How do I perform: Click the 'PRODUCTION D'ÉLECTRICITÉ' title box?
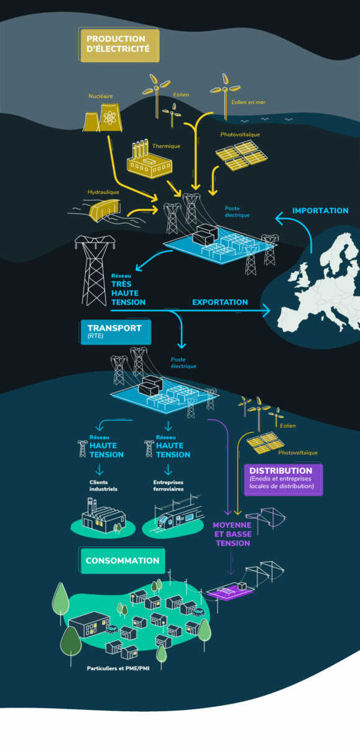coord(119,45)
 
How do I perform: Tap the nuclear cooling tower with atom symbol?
coord(110,117)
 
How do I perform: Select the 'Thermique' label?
coord(166,146)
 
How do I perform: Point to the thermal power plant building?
coord(149,160)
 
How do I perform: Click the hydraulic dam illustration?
coord(105,210)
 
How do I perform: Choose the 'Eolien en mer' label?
coord(249,102)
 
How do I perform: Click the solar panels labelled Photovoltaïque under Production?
coord(242,155)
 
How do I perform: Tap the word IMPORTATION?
coord(320,211)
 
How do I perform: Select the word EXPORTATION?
coord(220,302)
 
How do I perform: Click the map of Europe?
coord(320,287)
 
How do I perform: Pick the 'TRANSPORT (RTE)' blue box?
coord(116,332)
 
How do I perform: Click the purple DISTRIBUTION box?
coord(284,479)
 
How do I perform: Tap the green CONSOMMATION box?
coord(122,561)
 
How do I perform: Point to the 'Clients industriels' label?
coord(103,486)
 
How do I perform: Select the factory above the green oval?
coord(103,515)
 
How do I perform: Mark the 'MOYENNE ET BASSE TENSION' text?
coord(233,534)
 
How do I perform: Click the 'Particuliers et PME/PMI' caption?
coord(118,668)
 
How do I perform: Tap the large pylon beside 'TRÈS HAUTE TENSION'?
coord(95,270)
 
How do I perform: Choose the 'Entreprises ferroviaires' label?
coord(168,486)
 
